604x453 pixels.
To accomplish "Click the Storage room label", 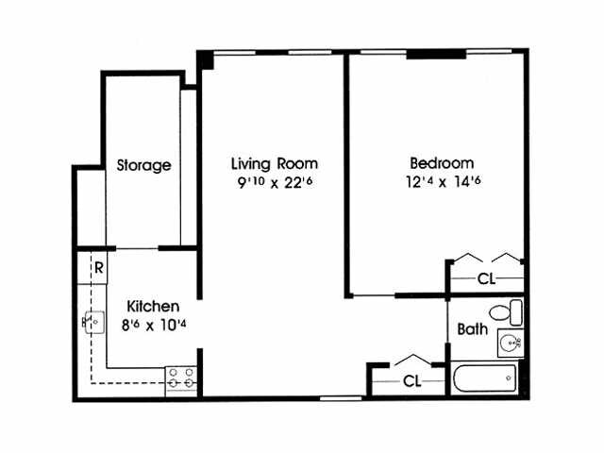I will pyautogui.click(x=143, y=165).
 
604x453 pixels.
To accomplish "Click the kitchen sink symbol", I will pyautogui.click(x=92, y=322).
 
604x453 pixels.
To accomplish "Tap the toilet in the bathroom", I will pyautogui.click(x=505, y=310).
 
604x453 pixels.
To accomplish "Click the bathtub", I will pyautogui.click(x=485, y=379).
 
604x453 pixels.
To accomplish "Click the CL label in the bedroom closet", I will pyautogui.click(x=486, y=279).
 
